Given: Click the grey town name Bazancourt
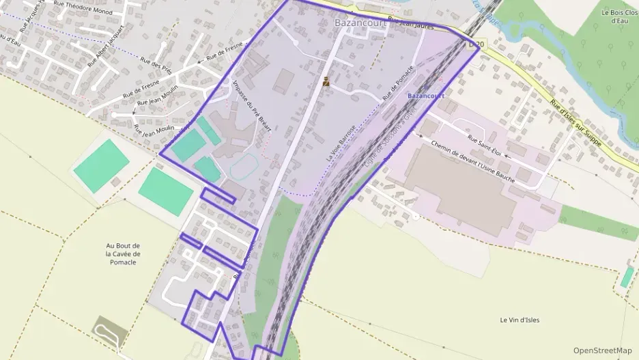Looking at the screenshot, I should point(360,23).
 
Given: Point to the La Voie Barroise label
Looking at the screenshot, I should point(341,143).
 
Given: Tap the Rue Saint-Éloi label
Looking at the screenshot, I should point(485,147).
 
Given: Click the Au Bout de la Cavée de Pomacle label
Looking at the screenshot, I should point(123,253).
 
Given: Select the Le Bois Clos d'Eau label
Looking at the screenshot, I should point(619,16).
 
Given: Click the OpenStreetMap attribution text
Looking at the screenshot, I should point(603,350).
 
